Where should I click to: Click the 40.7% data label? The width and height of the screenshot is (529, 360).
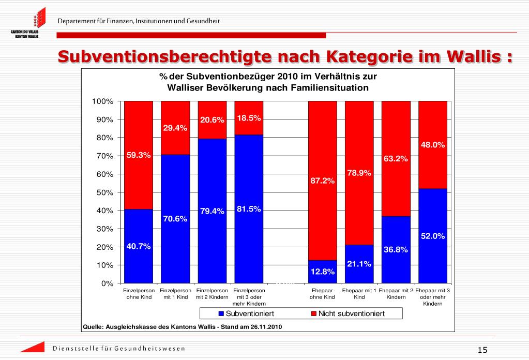pyautogui.click(x=139, y=246)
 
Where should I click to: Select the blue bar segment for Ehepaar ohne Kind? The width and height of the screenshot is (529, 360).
pyautogui.click(x=323, y=271)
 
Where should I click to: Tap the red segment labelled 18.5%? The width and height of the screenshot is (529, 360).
pyautogui.click(x=249, y=118)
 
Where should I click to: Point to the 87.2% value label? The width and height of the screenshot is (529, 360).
pyautogui.click(x=323, y=181)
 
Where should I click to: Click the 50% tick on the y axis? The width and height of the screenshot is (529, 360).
pyautogui.click(x=105, y=192)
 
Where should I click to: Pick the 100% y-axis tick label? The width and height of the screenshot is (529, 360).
pyautogui.click(x=102, y=101)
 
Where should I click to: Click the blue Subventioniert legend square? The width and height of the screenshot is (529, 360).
pyautogui.click(x=221, y=313)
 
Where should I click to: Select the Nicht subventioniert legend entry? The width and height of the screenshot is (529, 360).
pyautogui.click(x=348, y=313)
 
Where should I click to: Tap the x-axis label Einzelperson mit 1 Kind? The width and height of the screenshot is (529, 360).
pyautogui.click(x=175, y=293)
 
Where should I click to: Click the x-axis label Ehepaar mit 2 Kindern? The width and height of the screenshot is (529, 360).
pyautogui.click(x=396, y=293)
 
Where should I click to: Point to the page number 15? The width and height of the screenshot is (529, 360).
pyautogui.click(x=482, y=350)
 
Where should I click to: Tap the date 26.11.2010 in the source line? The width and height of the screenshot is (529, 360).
pyautogui.click(x=266, y=326)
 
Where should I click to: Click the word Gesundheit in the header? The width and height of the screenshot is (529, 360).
pyautogui.click(x=203, y=21)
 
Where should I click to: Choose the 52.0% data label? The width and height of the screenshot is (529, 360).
pyautogui.click(x=433, y=236)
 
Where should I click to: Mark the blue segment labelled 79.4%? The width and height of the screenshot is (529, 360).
pyautogui.click(x=212, y=211)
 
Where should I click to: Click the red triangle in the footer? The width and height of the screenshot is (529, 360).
pyautogui.click(x=33, y=347)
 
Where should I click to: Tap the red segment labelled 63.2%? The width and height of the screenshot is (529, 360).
pyautogui.click(x=396, y=159)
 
